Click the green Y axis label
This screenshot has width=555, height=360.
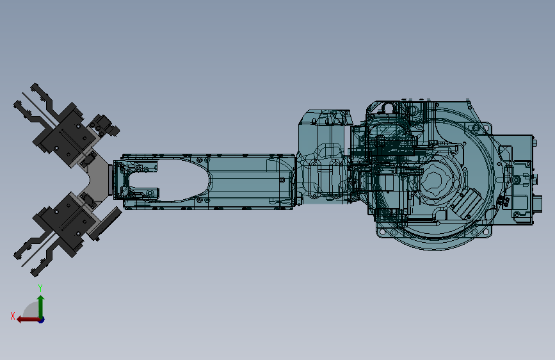point(40,288)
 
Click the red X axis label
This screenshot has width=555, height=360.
point(13,316)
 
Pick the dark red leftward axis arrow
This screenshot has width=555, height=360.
point(28,320)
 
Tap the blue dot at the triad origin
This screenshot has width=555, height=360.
point(42,320)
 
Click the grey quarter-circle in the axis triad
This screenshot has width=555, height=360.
point(31,311)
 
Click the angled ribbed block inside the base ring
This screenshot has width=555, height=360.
point(466,203)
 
